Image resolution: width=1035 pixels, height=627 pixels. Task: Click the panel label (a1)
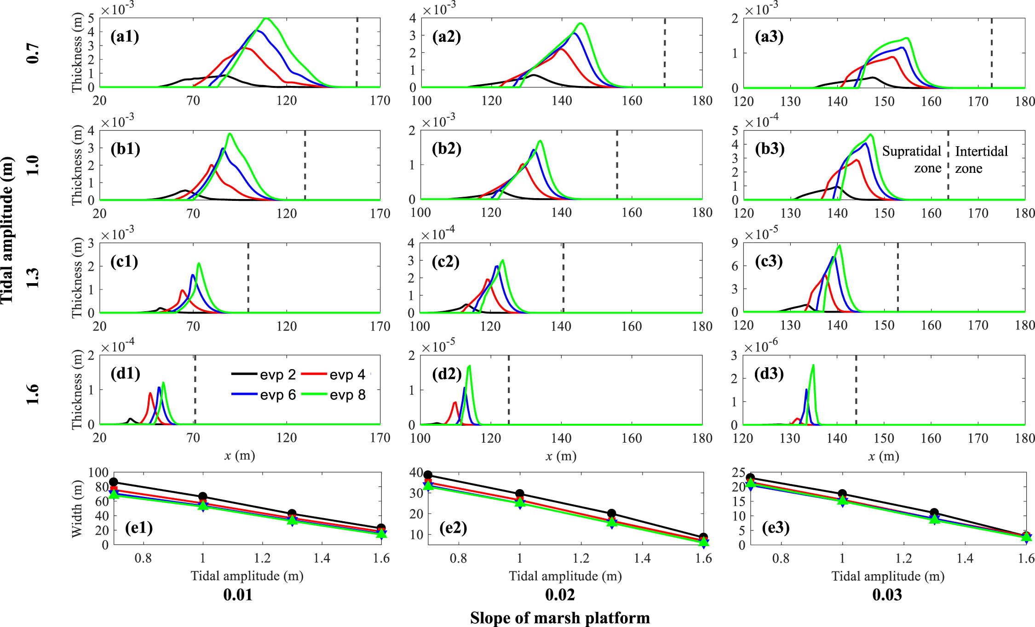[x=125, y=36]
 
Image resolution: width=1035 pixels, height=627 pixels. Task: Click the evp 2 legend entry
[x=264, y=375]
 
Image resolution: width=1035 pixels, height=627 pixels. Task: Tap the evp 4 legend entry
[x=333, y=375]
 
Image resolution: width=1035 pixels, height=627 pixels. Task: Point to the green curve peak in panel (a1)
[x=266, y=19]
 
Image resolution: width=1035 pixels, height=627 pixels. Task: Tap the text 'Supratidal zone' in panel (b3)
[x=912, y=160]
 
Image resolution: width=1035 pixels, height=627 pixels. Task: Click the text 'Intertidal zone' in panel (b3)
[x=981, y=160]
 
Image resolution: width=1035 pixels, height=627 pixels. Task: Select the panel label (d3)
[x=769, y=373]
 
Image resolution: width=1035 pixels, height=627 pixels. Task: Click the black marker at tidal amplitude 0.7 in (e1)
[x=114, y=482]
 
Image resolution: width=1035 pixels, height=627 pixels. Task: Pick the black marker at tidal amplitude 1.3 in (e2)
[x=611, y=514]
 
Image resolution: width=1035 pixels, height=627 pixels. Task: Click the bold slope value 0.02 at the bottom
[x=560, y=595]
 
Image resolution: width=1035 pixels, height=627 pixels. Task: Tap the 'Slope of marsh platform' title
[x=560, y=618]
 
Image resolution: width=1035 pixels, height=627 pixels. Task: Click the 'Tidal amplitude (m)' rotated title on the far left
[x=7, y=230]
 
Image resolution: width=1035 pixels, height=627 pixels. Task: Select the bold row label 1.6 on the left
[x=32, y=394]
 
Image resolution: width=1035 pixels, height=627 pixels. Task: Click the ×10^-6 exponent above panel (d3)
[x=761, y=346]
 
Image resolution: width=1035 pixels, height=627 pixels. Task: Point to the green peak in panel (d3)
[x=813, y=365]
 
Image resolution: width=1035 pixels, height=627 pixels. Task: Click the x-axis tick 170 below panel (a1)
[x=380, y=101]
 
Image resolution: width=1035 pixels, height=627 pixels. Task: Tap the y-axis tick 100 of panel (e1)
[x=98, y=473]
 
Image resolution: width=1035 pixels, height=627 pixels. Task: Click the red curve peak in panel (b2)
[x=523, y=165]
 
